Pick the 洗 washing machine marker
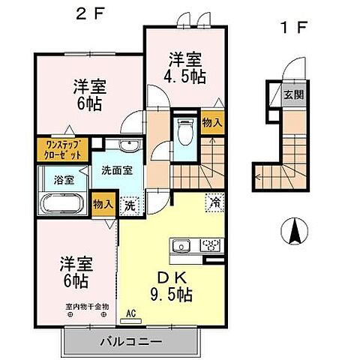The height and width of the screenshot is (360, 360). tap(130, 204)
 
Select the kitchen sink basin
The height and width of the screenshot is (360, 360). tap(181, 245)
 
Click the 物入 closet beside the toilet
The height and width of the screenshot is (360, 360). tap(211, 122)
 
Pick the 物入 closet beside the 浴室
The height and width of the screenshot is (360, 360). tap(102, 204)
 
